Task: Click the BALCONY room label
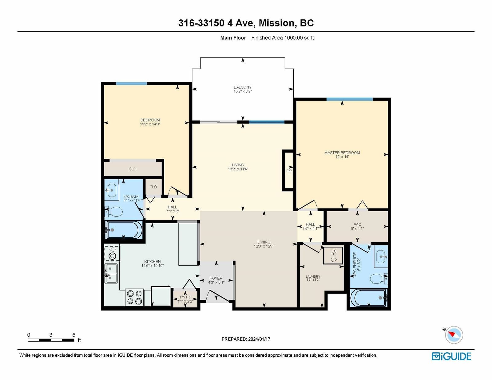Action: [243, 87]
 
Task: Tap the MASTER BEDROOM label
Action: [342, 153]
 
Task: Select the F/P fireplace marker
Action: [289, 171]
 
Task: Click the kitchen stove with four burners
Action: [134, 297]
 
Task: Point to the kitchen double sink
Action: [111, 273]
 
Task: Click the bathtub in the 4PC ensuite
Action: [369, 298]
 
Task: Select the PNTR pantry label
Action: [185, 297]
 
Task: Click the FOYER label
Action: [216, 278]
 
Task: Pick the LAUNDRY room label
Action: [313, 277]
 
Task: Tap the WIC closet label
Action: [357, 224]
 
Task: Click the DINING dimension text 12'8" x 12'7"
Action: [264, 246]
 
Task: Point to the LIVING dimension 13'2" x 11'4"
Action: [238, 169]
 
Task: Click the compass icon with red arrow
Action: [454, 335]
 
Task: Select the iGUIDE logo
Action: [451, 356]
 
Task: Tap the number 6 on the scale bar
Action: [74, 335]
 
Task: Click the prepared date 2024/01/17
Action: [259, 339]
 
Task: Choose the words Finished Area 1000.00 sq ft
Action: [283, 38]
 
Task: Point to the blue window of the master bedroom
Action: [349, 99]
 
